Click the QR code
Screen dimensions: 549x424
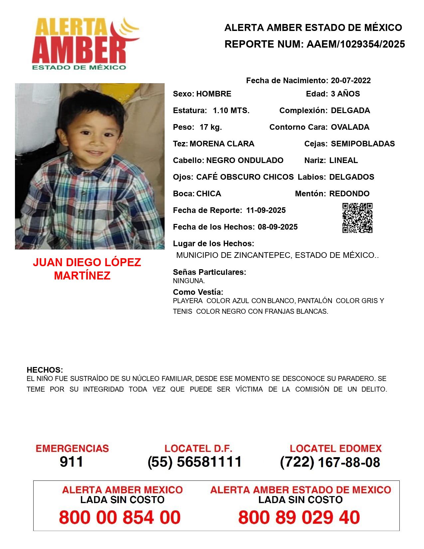pos(357,218)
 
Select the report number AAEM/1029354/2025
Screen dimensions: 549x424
pos(355,44)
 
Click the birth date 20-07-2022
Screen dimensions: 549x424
pos(351,81)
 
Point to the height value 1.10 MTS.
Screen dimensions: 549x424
pos(231,110)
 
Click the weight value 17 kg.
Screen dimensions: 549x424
pos(211,127)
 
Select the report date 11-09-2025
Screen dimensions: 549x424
pos(266,210)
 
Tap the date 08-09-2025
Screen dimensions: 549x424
pos(278,227)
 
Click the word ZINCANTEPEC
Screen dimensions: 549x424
pos(262,256)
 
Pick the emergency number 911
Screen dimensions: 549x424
pos(71,462)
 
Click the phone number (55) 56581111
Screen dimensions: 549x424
pos(195,462)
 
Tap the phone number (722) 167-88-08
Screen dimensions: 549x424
pos(330,462)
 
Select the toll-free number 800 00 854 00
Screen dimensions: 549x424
pos(120,517)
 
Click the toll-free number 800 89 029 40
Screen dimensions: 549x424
pos(299,517)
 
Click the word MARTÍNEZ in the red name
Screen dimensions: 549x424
pos(82,276)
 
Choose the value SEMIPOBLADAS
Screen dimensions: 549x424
pos(363,144)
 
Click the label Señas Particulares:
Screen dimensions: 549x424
pos(210,272)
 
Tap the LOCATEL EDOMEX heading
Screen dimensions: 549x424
pos(336,449)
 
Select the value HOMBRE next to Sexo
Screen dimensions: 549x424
pos(213,94)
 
